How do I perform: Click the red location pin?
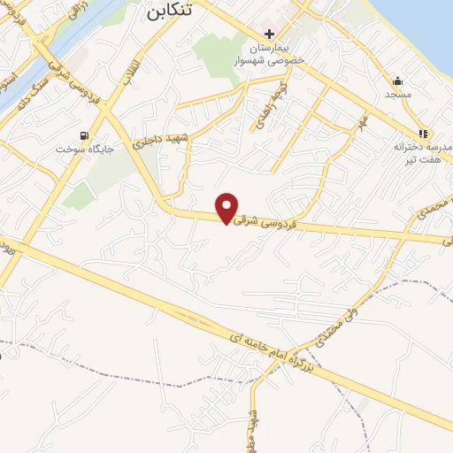(x=227, y=207)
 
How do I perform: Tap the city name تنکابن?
(x=166, y=12)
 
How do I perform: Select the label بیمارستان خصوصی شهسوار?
(x=269, y=53)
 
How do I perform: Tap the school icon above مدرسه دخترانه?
(x=423, y=134)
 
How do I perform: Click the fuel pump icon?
(x=84, y=135)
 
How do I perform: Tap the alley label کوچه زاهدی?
(x=265, y=113)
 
